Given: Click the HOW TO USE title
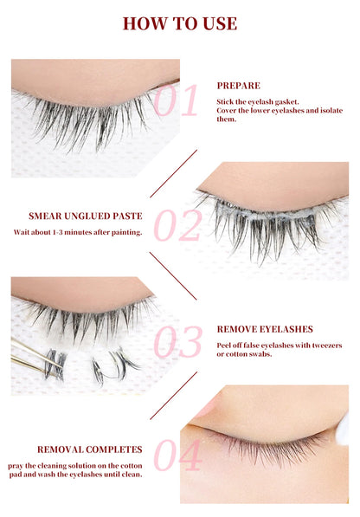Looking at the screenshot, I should [x=179, y=23].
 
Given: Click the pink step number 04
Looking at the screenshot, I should [x=177, y=456].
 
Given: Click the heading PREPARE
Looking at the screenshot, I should [x=238, y=87].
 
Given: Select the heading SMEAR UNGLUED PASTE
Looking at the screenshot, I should [x=74, y=216].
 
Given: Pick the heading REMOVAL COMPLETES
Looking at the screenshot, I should [x=89, y=449].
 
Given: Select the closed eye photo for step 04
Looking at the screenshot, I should [x=263, y=444].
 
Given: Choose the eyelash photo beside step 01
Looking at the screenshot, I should [x=95, y=117].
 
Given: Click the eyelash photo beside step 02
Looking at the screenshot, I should [x=272, y=221].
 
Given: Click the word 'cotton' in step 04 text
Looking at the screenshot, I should [x=133, y=464].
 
